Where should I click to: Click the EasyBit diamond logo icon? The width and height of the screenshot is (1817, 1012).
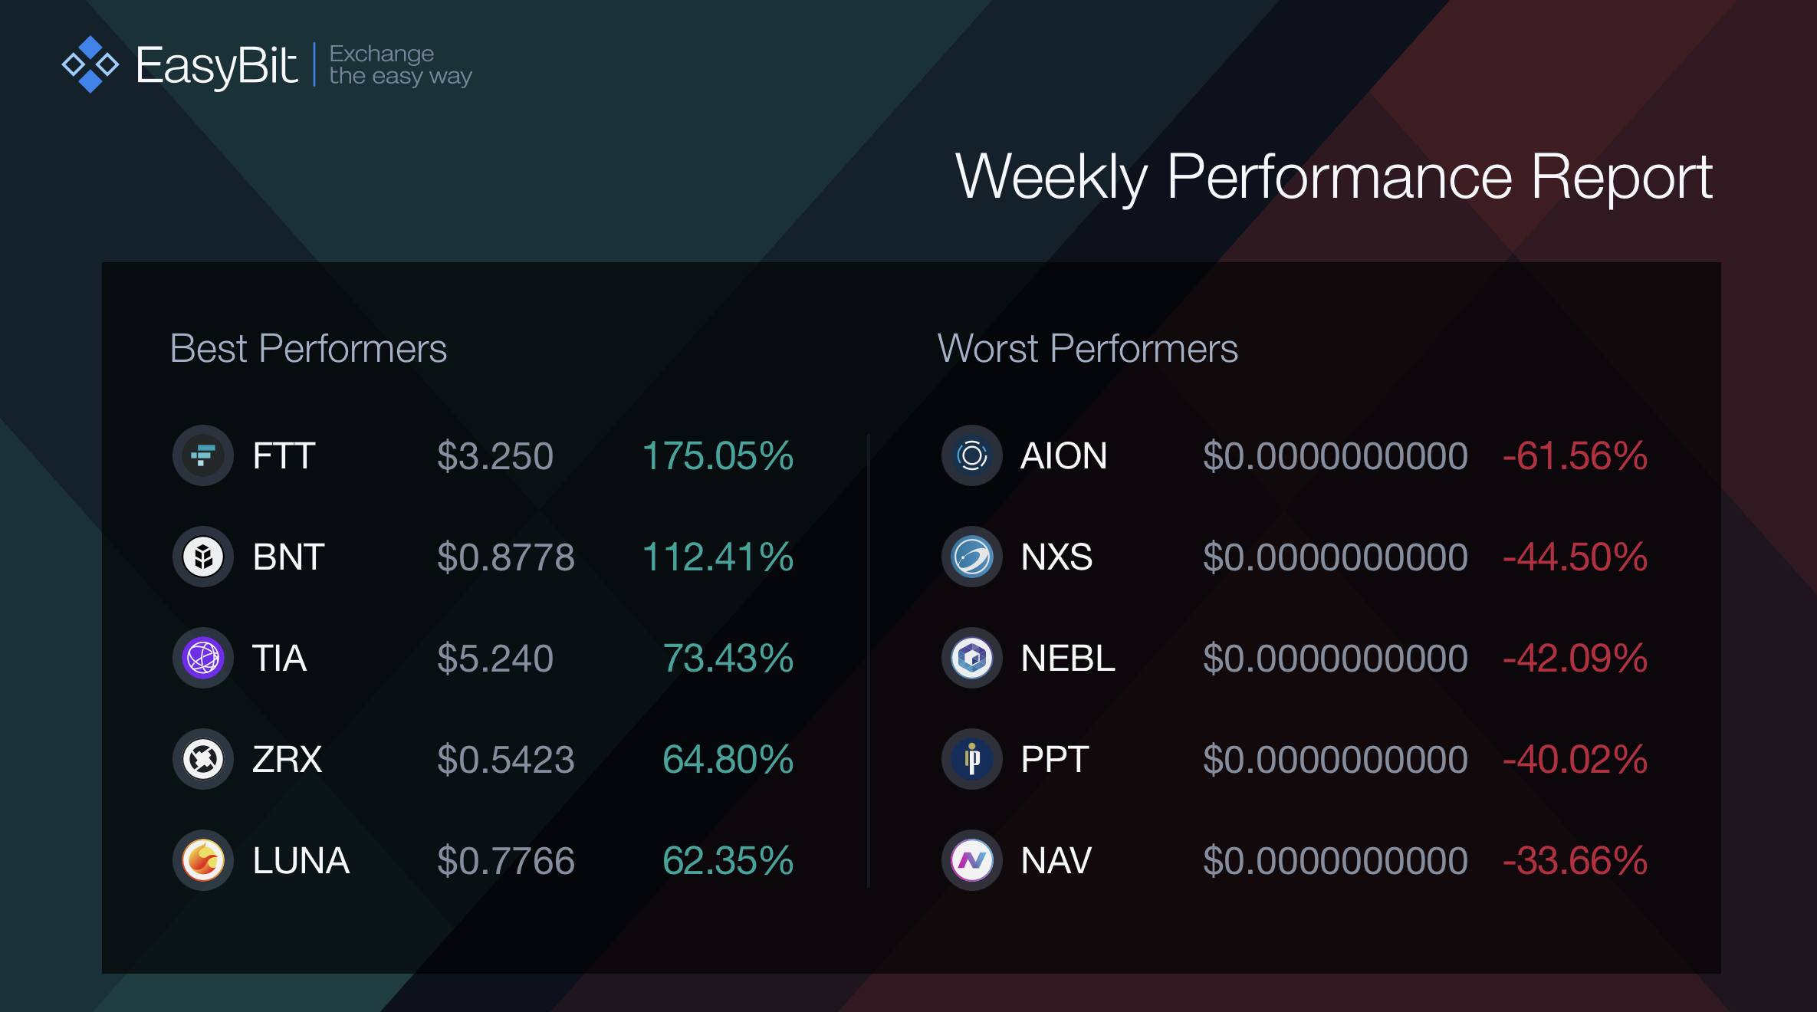point(90,64)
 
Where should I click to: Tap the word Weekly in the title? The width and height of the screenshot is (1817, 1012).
point(1051,178)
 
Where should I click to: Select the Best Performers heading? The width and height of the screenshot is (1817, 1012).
point(308,349)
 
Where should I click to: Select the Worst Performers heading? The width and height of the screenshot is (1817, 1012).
point(1088,349)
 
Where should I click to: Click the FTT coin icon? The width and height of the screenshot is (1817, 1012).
point(203,455)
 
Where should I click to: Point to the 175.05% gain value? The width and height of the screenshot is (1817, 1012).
point(718,456)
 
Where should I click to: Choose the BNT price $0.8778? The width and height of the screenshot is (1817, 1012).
point(506,557)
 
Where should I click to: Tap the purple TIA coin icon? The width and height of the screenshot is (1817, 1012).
point(203,658)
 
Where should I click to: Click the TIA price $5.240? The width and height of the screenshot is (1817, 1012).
point(495,659)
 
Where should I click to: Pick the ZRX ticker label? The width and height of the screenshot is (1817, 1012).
point(287,760)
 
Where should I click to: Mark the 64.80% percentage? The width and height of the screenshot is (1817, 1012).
point(728,760)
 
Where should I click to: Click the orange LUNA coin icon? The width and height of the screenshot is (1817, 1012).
point(203,860)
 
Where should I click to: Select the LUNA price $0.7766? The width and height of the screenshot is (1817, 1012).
point(506,861)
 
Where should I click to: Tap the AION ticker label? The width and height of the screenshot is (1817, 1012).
point(1064,456)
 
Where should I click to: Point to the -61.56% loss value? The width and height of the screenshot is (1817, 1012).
point(1575,456)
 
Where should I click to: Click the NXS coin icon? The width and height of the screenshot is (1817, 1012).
point(972,557)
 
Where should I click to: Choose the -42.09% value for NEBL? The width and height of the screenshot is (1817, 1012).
point(1575,659)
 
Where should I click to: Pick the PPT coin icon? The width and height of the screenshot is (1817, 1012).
point(972,759)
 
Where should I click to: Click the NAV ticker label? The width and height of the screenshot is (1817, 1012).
point(1056,861)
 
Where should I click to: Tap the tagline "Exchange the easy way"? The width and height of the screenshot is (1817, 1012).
point(400,65)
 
